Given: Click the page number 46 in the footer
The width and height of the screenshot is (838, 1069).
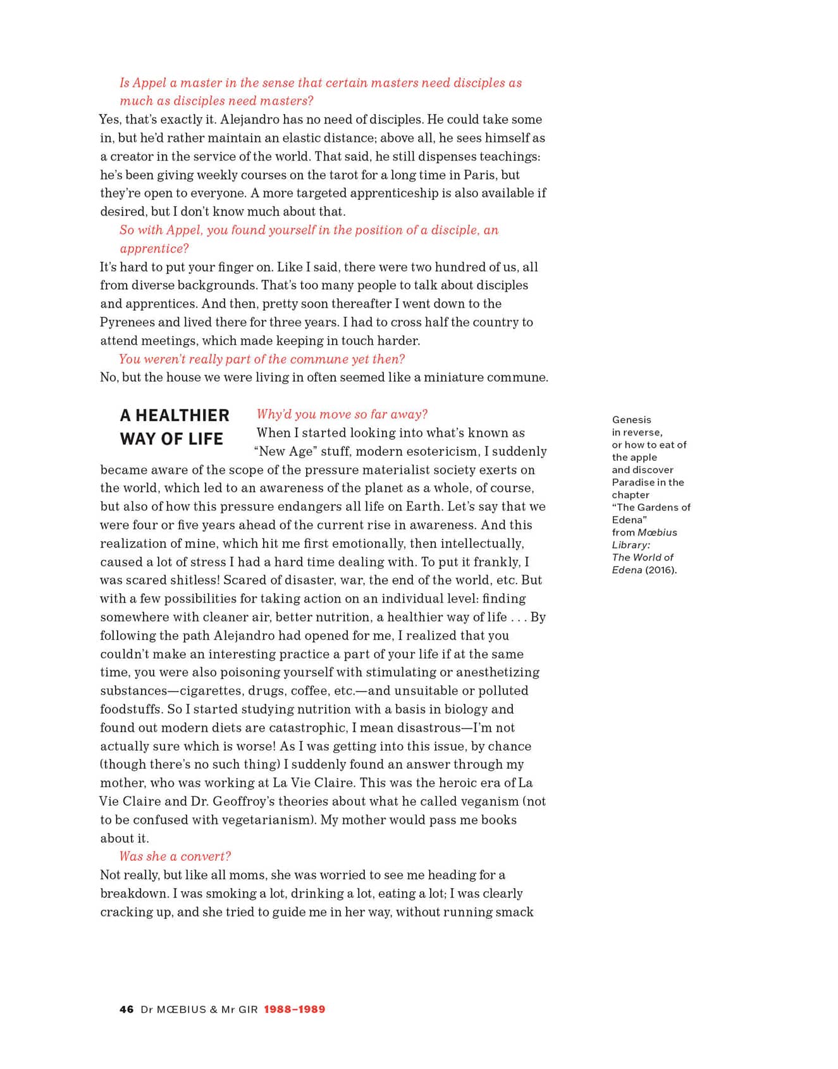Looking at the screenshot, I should (126, 1009).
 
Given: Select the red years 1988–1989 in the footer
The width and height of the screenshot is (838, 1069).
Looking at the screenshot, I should (295, 1009).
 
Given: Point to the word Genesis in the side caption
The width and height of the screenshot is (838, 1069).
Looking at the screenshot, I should (631, 420).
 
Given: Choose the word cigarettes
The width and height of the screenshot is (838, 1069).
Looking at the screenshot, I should (211, 691).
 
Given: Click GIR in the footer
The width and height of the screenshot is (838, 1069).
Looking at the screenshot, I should (248, 1009).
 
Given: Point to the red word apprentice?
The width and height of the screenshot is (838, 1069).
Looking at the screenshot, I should (154, 248).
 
